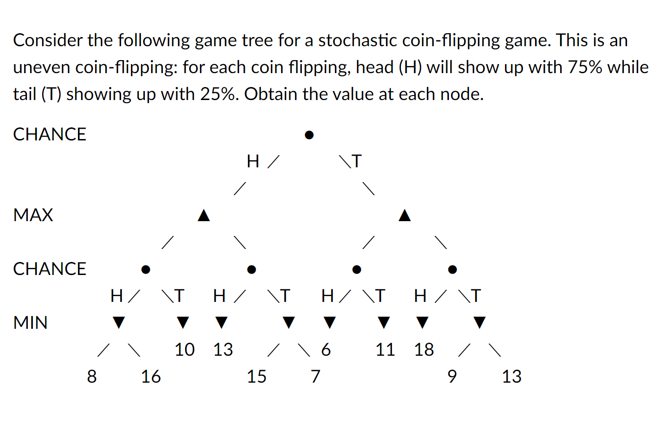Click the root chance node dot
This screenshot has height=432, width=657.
(309, 135)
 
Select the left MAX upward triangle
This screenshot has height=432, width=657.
(204, 216)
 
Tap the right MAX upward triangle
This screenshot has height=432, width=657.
(405, 216)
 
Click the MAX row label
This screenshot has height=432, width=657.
(33, 215)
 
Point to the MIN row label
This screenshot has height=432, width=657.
(30, 323)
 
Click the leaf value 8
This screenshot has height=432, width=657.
(92, 377)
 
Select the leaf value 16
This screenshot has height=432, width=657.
(151, 377)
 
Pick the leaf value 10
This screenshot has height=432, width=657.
(184, 350)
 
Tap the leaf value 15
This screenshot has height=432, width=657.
(257, 377)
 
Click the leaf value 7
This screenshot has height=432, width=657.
(316, 377)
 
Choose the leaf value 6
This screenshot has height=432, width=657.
(326, 350)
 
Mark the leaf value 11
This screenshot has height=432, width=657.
(385, 350)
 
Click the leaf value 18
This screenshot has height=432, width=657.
(424, 350)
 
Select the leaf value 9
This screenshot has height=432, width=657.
(452, 377)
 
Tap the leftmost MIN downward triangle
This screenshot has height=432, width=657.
(118, 323)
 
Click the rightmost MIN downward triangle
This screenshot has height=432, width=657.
(479, 323)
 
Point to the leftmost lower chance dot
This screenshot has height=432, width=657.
(145, 270)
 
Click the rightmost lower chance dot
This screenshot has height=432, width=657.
(453, 270)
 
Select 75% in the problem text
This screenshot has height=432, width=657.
(585, 67)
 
